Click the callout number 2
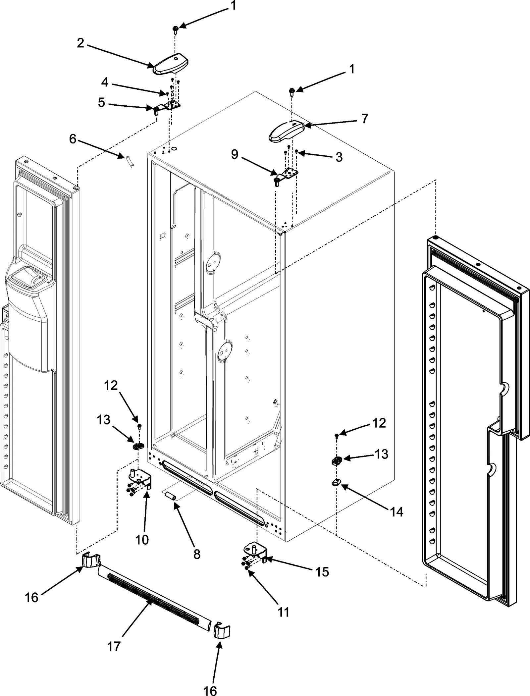coord(80,43)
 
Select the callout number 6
coord(73,139)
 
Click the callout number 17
coord(114,646)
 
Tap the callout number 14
coord(397,512)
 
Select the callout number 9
coord(235,154)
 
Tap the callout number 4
coord(105,82)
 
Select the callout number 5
coord(102,103)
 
